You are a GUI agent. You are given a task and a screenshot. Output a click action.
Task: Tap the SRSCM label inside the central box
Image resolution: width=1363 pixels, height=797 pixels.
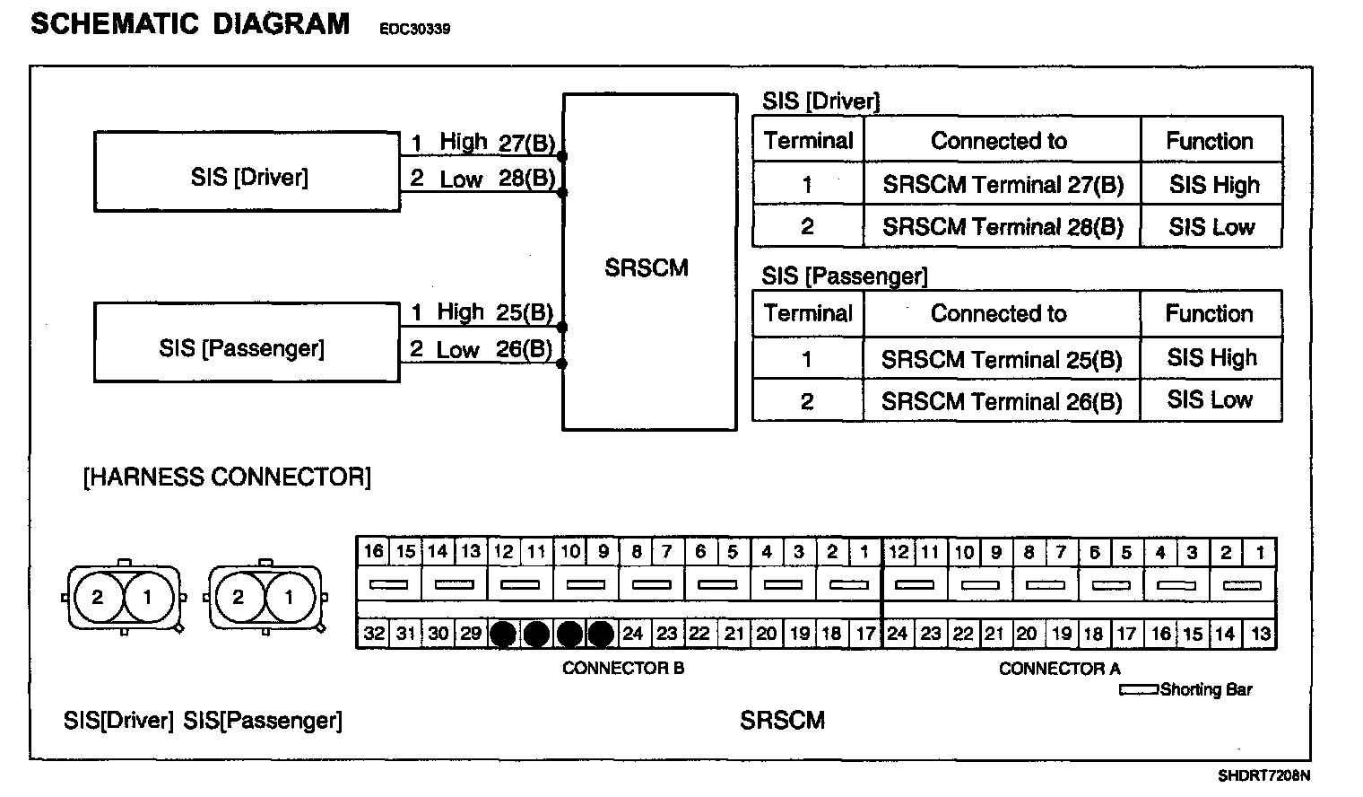coord(647,267)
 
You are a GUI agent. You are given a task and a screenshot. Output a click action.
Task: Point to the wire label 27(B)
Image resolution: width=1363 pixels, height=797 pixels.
coord(526,142)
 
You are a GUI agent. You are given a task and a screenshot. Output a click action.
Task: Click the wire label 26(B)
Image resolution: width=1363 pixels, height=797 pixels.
coord(524,349)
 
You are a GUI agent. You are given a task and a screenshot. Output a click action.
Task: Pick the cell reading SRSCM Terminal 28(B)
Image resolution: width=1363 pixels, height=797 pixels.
coord(1003,227)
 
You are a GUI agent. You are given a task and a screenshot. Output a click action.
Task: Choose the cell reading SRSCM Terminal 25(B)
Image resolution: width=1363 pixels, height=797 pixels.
coord(1002,359)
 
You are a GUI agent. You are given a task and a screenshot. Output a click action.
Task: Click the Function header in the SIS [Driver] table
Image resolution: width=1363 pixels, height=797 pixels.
coord(1209,141)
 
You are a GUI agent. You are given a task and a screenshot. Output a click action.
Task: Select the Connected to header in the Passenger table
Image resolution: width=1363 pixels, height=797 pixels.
coord(999,313)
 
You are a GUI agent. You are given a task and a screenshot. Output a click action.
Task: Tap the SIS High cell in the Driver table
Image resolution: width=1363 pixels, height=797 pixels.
coord(1213,185)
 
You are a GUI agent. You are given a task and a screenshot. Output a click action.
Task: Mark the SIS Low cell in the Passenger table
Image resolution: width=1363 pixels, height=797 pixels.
coord(1210,400)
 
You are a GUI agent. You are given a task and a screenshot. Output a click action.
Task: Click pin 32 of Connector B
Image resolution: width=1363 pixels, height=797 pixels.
coord(374,634)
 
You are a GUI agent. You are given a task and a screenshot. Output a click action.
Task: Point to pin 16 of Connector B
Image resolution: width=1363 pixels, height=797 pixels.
coord(374,551)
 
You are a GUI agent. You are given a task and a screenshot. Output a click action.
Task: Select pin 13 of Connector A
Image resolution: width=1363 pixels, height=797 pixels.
coord(1260,634)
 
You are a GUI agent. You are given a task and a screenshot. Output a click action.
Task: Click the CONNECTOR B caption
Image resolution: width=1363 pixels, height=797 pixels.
coord(622,668)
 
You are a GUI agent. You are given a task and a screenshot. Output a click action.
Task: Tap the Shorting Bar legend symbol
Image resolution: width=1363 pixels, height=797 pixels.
coord(1139,690)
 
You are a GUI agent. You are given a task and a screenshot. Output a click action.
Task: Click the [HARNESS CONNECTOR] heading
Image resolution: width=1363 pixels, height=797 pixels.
coord(227,477)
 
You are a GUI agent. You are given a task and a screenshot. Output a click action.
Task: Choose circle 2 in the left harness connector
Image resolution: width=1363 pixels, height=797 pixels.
coord(97,597)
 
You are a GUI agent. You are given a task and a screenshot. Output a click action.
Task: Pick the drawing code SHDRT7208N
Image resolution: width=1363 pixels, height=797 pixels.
coord(1263,775)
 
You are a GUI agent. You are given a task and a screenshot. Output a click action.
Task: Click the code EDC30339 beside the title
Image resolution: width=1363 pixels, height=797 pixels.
coord(414,29)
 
